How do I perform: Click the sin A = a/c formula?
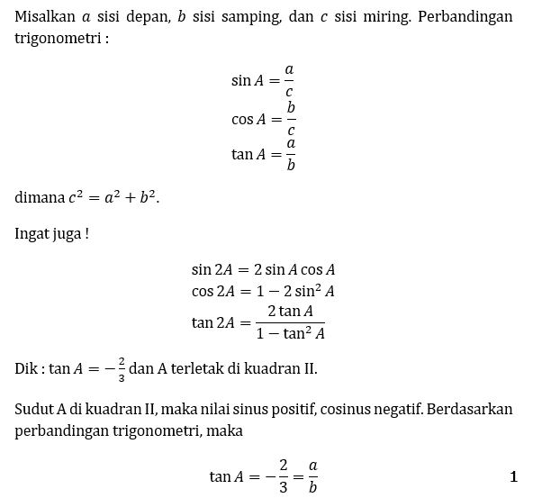click(x=263, y=80)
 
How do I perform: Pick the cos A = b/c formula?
click(x=263, y=117)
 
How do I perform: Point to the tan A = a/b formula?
click(x=263, y=154)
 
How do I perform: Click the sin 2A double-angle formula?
click(x=263, y=269)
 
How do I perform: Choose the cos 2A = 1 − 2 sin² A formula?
click(x=263, y=291)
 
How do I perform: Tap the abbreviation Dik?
click(x=26, y=368)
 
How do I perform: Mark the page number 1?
click(x=513, y=476)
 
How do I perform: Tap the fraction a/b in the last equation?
click(x=312, y=476)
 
